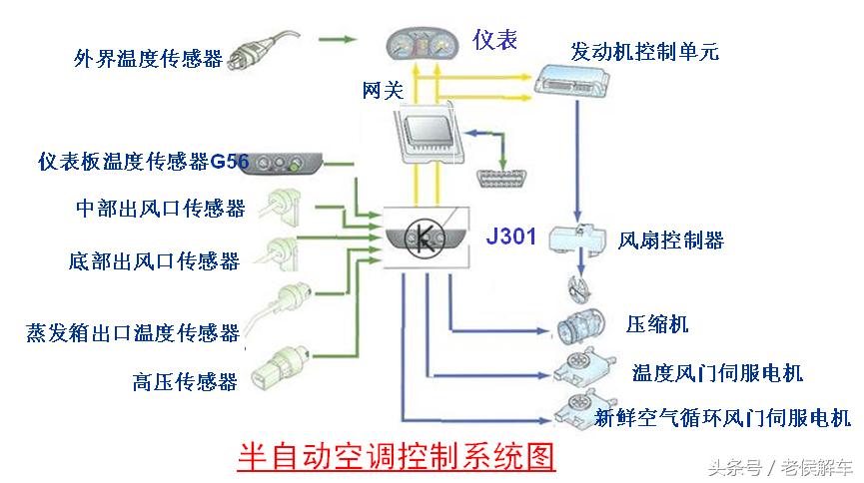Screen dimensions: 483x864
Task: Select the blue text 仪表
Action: (495, 40)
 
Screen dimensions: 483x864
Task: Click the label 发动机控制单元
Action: (645, 50)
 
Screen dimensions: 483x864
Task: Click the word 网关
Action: (382, 92)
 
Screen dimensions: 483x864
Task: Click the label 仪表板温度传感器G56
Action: (130, 160)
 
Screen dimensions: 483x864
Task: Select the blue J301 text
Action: (511, 237)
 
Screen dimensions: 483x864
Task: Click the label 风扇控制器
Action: (670, 241)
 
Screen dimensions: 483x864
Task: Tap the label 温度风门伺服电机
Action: (716, 372)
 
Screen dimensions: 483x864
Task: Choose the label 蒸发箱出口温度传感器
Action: (133, 332)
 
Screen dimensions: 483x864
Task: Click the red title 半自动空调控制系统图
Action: (396, 456)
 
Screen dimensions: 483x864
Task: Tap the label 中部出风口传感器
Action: (160, 209)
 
